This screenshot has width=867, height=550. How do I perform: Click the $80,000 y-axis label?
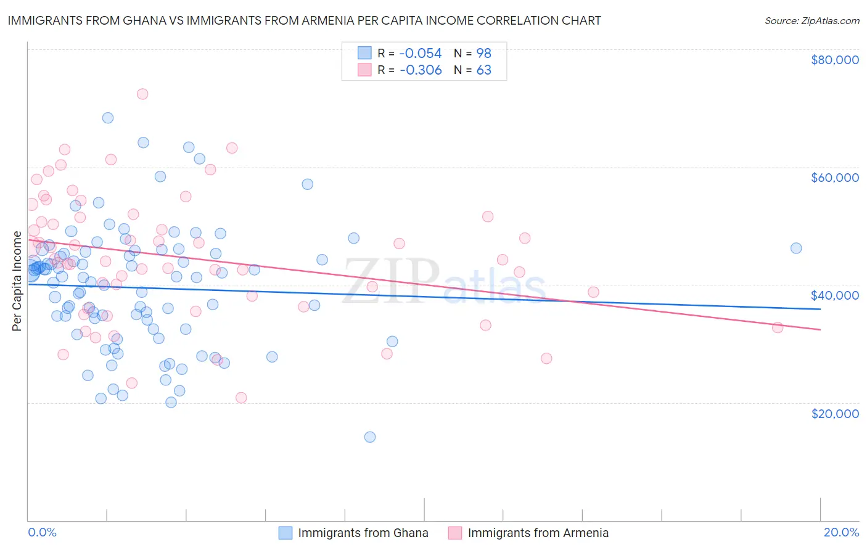tap(834, 60)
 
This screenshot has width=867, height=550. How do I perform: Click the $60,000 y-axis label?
tap(834, 178)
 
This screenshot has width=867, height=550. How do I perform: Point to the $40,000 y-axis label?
tap(834, 295)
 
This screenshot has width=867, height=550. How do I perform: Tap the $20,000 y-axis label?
tap(834, 413)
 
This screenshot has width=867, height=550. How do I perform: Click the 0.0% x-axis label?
tap(42, 532)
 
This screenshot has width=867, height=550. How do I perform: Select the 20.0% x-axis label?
tap(841, 532)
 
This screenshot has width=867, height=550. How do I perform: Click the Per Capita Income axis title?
tap(17, 281)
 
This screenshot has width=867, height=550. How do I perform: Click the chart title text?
tap(304, 20)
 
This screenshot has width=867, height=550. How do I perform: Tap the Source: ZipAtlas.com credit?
tap(812, 20)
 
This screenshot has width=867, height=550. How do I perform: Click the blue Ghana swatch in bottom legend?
tap(285, 533)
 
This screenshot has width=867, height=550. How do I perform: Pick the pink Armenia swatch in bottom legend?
tap(454, 533)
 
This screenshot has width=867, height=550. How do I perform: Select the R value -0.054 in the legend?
tap(421, 54)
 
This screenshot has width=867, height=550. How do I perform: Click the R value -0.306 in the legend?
tap(421, 70)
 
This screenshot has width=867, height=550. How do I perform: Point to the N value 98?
tap(483, 54)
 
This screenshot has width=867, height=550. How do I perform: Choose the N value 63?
tap(483, 70)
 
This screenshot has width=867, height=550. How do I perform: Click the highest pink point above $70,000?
tap(142, 94)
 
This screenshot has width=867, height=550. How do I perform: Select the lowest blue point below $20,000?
tap(370, 437)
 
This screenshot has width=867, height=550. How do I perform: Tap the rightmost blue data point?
tap(796, 248)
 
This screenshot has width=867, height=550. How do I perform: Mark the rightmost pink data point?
tap(778, 327)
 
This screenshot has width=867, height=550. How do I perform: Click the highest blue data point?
tap(108, 118)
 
